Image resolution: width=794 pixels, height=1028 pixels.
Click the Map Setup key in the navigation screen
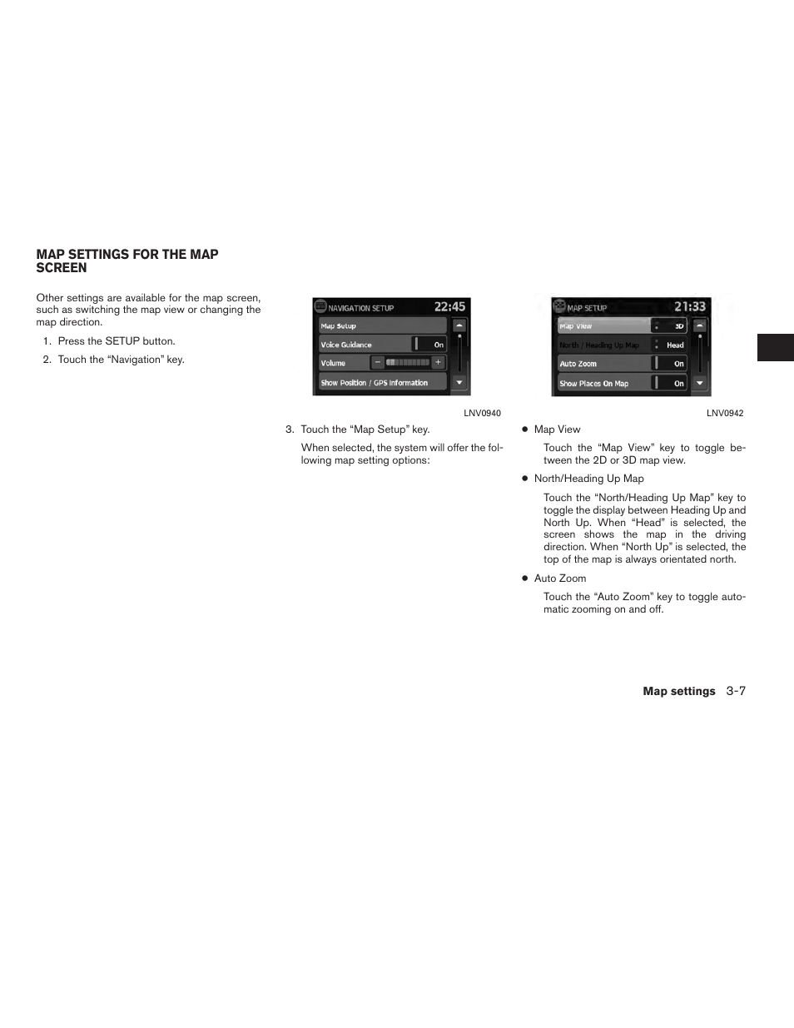(382, 326)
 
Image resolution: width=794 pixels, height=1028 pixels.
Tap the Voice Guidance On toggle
(430, 345)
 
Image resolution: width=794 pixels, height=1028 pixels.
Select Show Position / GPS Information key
(382, 383)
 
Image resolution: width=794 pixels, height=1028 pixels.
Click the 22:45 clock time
(449, 307)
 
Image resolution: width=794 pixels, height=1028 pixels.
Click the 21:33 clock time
(689, 307)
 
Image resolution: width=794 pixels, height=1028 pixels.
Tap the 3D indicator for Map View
(670, 326)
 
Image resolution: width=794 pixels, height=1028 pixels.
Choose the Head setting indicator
(671, 345)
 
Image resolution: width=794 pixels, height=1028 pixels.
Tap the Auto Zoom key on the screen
(603, 364)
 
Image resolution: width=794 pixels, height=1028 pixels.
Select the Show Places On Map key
(603, 384)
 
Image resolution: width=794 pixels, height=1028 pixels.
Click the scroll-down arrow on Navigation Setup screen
(459, 383)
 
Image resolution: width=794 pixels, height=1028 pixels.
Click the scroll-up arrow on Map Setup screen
(700, 326)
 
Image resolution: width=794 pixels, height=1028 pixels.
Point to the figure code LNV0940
(482, 414)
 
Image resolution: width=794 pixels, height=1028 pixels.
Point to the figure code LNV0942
(725, 414)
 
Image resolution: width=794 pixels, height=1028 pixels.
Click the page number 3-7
(735, 692)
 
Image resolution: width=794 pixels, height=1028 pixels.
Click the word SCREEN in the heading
(62, 268)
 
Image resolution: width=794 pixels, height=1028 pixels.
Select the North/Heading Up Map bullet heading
(588, 479)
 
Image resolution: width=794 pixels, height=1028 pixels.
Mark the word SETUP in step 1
(122, 341)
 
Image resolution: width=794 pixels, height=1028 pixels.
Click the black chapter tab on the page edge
(775, 348)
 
